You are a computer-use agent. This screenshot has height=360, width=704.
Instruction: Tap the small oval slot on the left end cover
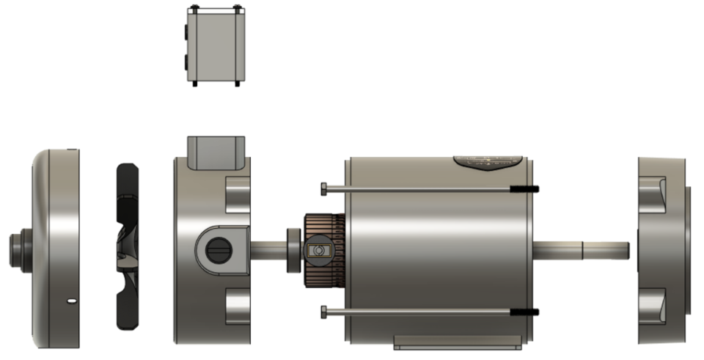coord(70,300)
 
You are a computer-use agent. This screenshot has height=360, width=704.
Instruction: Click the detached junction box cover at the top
coord(214,46)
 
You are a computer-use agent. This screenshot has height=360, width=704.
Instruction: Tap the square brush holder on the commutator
coord(318,251)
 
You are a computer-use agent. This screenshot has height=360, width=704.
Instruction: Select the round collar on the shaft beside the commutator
coord(292,250)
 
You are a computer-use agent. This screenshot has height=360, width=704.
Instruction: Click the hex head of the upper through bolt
coord(323,188)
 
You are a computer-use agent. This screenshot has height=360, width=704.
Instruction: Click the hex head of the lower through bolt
coord(323,312)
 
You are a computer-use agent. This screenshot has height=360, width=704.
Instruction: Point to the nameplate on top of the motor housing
coord(488,162)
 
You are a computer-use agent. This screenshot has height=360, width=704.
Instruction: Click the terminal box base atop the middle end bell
coord(214,152)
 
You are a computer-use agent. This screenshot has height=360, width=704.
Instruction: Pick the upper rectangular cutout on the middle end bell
coord(239,194)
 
